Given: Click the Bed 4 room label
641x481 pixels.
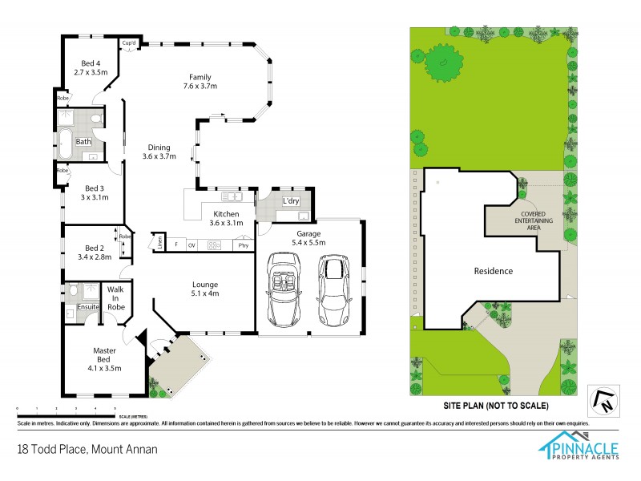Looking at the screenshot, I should (x=91, y=63).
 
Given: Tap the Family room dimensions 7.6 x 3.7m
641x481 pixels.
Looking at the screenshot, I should (x=200, y=86).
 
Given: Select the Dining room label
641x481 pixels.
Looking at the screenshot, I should (x=159, y=148).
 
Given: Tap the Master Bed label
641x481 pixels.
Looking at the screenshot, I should (x=105, y=350).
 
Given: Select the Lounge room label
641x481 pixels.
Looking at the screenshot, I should (x=205, y=284).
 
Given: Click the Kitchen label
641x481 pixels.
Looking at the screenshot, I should (x=225, y=215).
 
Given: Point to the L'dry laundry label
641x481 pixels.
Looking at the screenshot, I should (x=291, y=200).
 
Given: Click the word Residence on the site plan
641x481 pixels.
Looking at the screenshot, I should (x=492, y=271).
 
